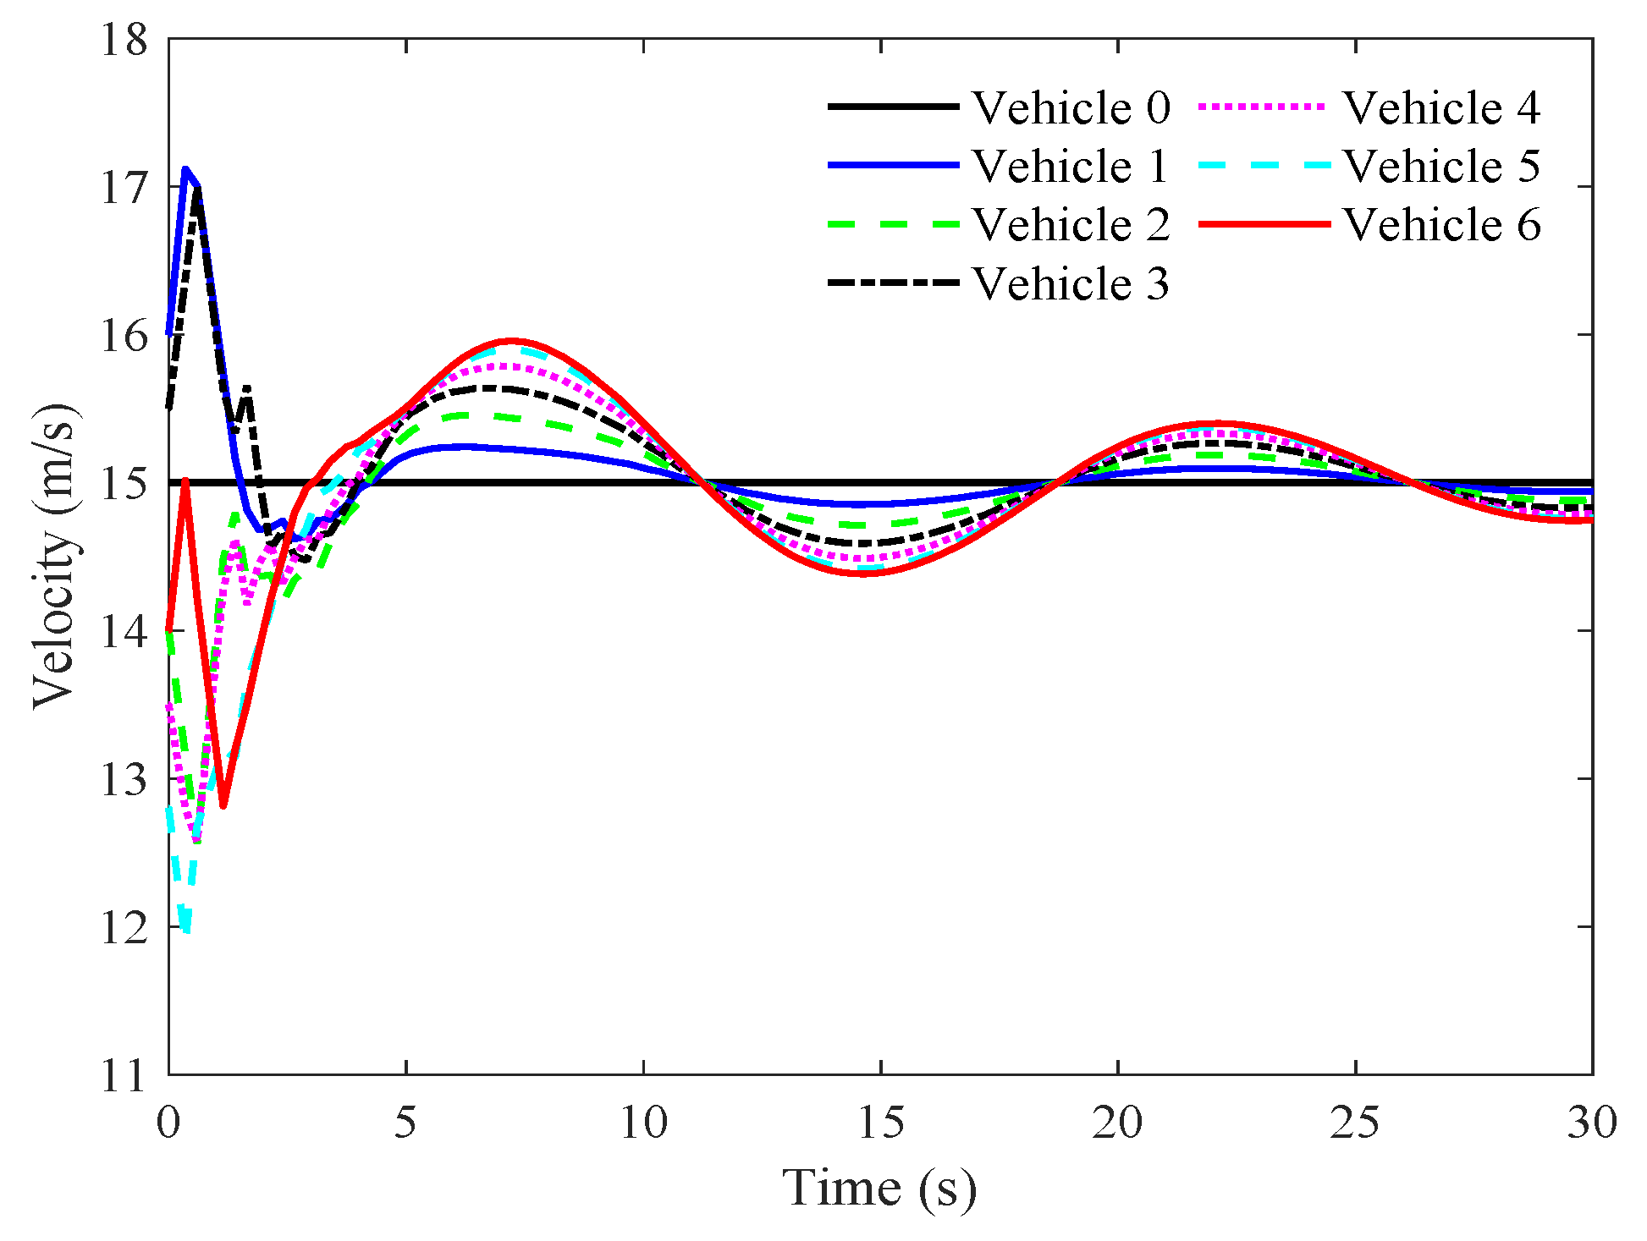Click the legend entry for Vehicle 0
tap(1071, 108)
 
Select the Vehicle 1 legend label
tap(1071, 167)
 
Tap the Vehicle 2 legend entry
tap(1071, 225)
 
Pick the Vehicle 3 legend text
tap(1071, 283)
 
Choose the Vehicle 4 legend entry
tap(1441, 108)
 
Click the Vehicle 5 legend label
tap(1441, 167)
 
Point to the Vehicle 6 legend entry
tap(1441, 225)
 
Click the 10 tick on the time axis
tap(643, 1123)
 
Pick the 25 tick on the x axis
tap(1355, 1123)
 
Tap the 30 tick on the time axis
tap(1592, 1123)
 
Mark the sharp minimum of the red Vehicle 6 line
tap(223, 805)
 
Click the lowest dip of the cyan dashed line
tap(186, 931)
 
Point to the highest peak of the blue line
tap(185, 169)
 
